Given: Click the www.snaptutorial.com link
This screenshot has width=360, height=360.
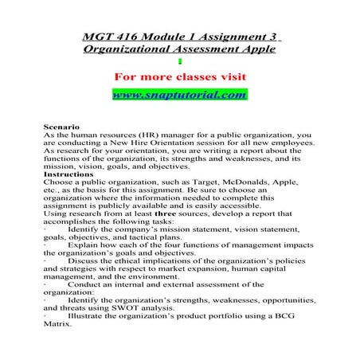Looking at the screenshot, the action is [180, 96].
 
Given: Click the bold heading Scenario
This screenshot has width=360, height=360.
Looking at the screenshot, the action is [60, 127].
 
